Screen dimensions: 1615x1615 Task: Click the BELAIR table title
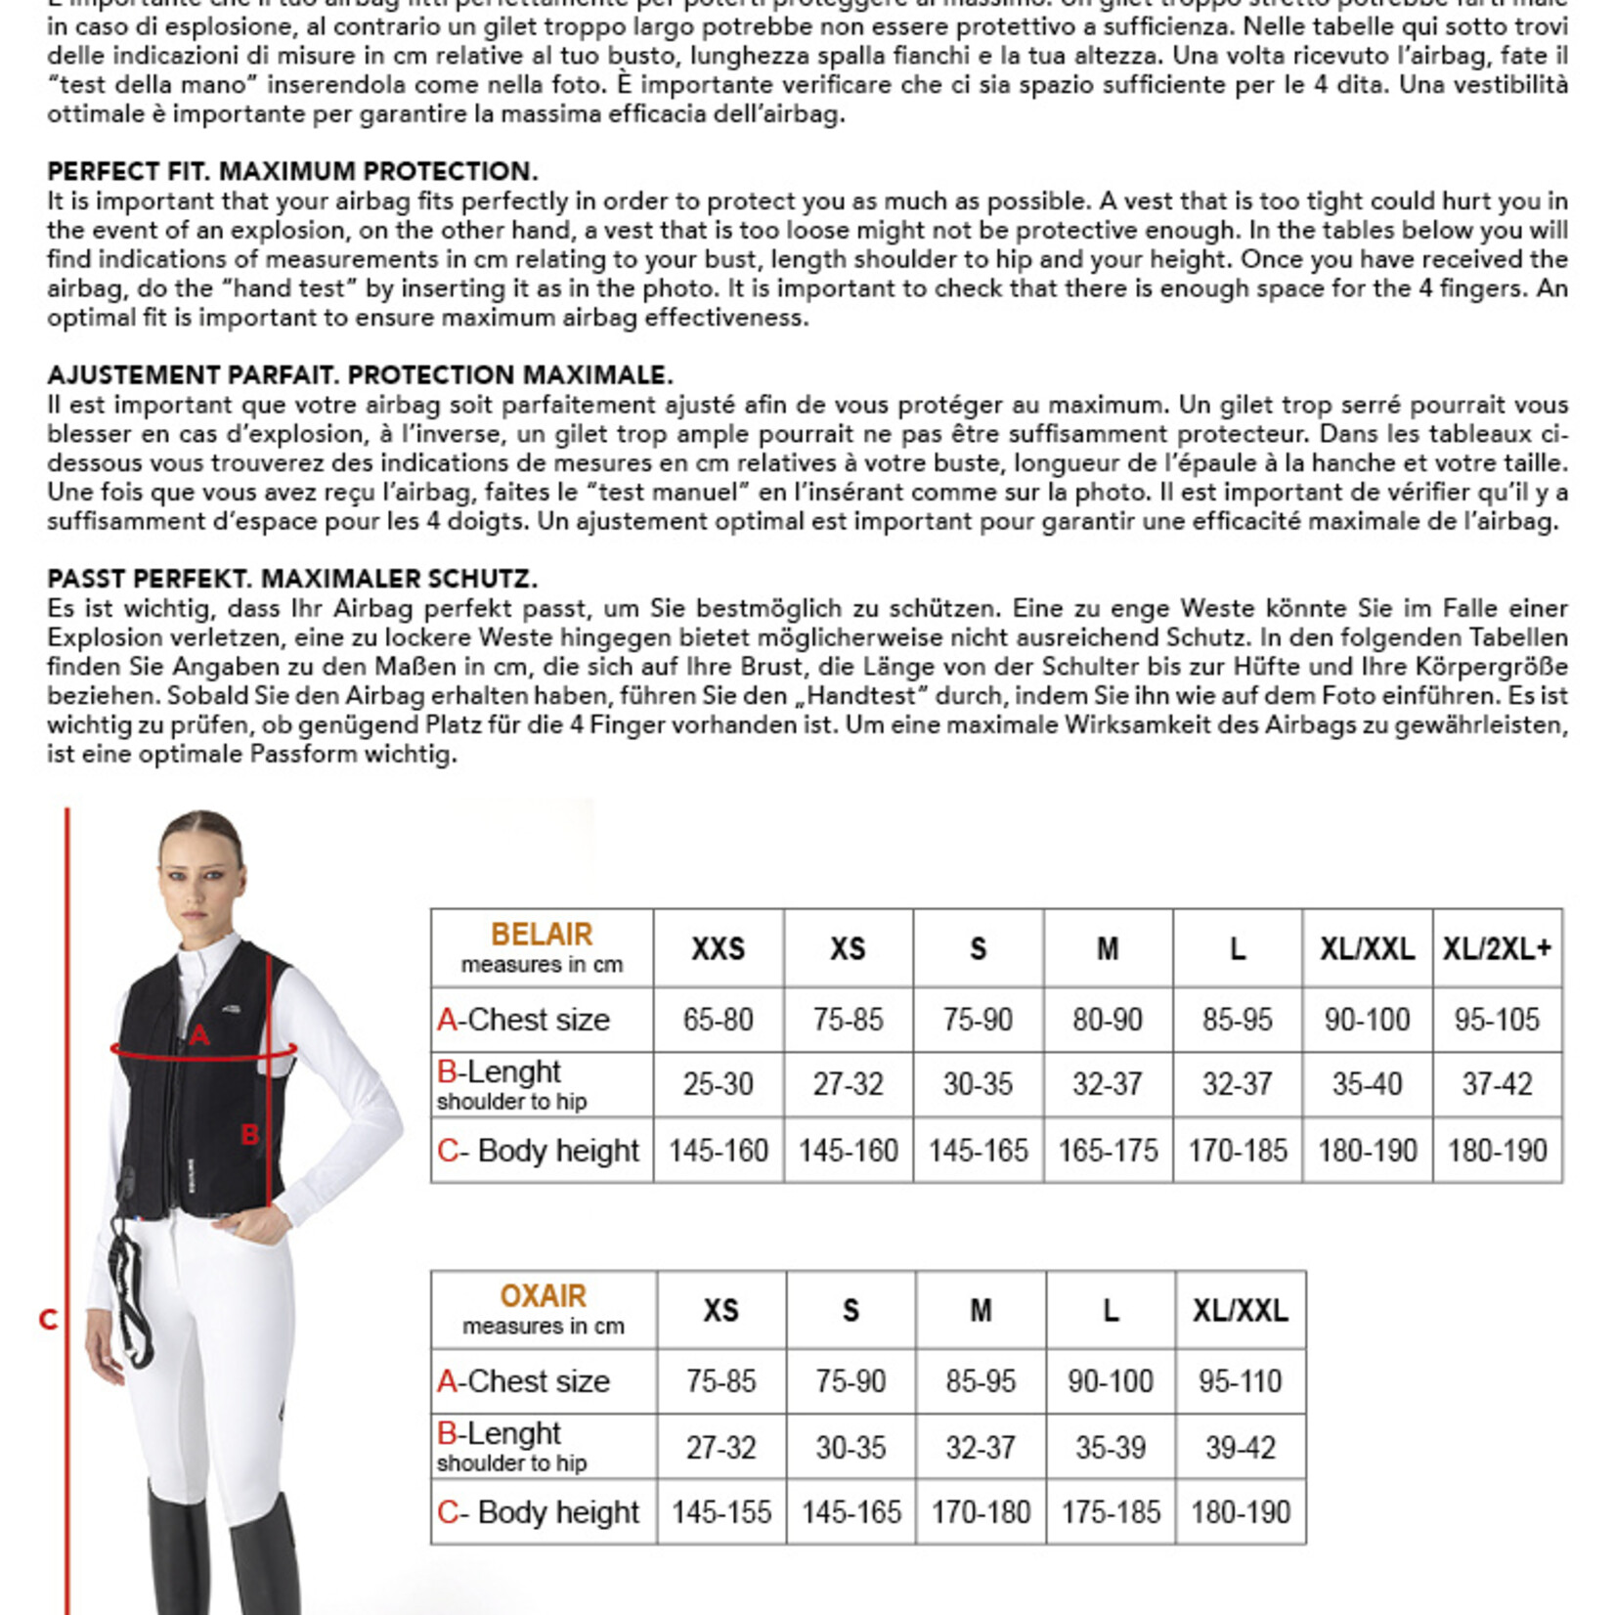pos(542,935)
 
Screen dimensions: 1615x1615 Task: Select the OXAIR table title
pos(543,1296)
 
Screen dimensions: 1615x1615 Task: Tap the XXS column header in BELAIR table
pos(719,949)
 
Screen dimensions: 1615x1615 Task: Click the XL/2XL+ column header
pos(1497,949)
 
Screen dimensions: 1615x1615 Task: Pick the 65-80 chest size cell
pos(719,1020)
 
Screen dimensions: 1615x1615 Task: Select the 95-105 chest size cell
pos(1497,1020)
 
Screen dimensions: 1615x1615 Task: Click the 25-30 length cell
pos(719,1084)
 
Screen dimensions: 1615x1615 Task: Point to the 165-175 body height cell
pos(1108,1151)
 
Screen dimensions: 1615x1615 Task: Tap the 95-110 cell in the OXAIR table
pos(1240,1381)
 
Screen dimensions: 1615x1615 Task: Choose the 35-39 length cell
pos(1111,1447)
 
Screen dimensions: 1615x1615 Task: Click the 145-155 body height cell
pos(721,1512)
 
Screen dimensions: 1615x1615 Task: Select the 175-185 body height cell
pos(1111,1512)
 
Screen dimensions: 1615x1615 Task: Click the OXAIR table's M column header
pos(981,1311)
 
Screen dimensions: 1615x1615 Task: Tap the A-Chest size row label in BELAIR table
pos(523,1020)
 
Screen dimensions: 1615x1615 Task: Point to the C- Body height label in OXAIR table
pos(538,1512)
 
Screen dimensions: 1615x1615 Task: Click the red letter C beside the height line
pos(48,1321)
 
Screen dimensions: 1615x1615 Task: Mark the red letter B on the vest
pos(249,1135)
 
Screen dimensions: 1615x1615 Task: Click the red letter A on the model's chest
pos(199,1034)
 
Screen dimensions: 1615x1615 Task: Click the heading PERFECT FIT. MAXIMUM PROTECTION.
pos(292,171)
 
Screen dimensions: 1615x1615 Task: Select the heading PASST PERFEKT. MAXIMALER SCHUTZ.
pos(292,579)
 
